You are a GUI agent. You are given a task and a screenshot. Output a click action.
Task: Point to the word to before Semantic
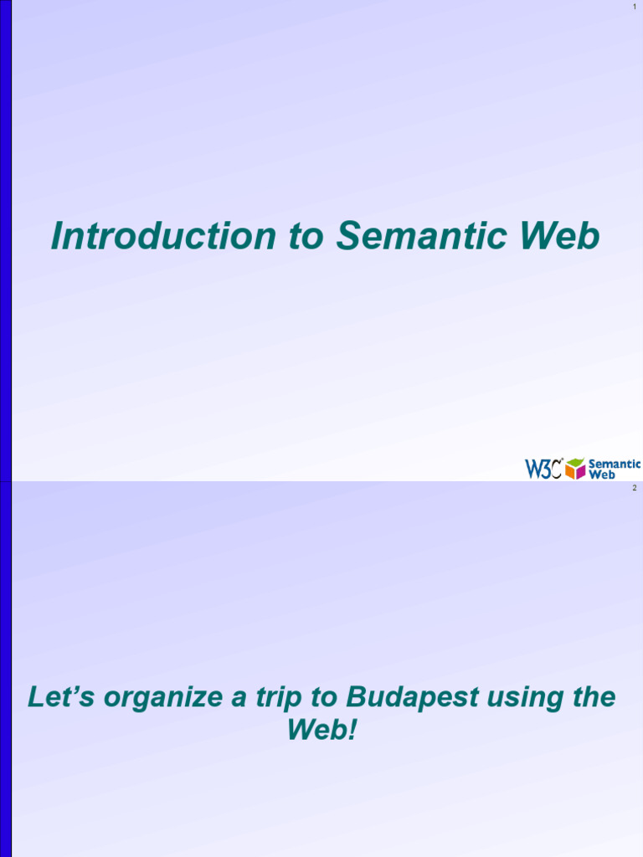(306, 237)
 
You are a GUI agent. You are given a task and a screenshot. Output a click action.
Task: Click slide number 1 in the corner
(635, 8)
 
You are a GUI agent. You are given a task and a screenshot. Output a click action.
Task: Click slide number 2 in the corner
(635, 488)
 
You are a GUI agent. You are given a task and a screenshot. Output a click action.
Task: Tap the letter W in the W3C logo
(533, 469)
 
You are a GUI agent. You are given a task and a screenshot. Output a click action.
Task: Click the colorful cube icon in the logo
(575, 469)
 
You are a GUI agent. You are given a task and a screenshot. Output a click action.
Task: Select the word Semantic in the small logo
(615, 464)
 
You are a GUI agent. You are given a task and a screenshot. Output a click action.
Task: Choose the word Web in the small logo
(602, 475)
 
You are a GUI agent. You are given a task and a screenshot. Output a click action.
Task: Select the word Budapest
(404, 697)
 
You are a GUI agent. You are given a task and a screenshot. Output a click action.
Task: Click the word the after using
(592, 697)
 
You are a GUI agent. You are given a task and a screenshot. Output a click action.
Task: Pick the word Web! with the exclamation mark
(321, 730)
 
